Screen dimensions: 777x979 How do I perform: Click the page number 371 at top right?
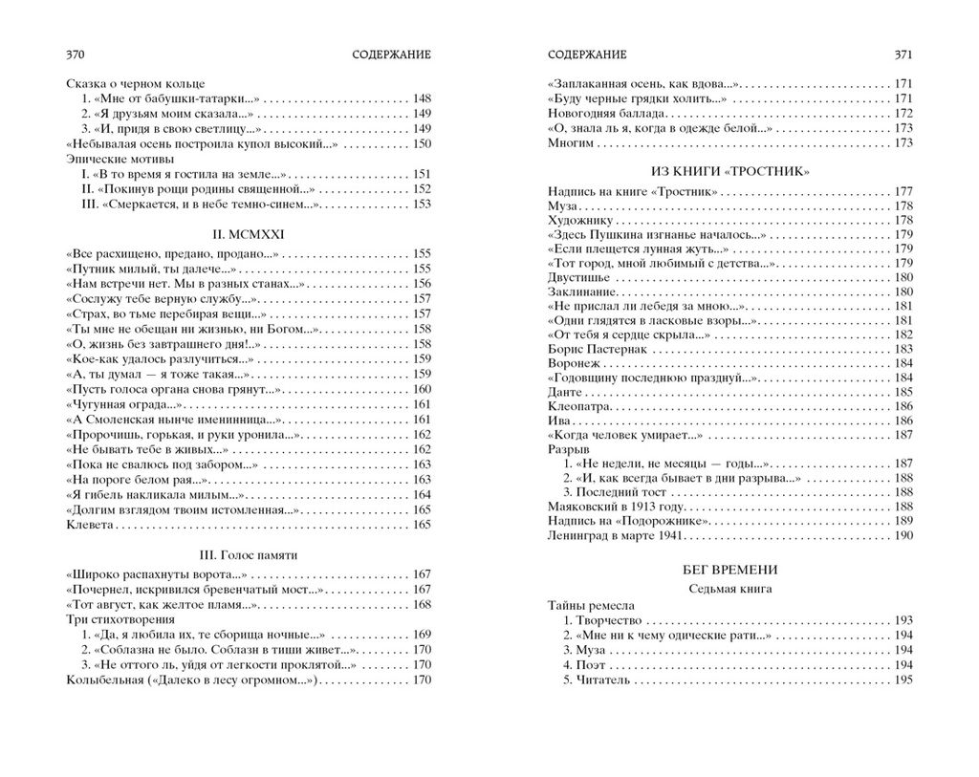pyautogui.click(x=903, y=55)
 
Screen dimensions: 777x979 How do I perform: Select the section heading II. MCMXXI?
pyautogui.click(x=249, y=232)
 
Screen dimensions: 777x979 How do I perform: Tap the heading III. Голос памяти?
pyautogui.click(x=249, y=555)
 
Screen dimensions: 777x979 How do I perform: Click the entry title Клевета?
pyautogui.click(x=93, y=525)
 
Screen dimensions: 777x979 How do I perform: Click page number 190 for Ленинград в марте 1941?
pyautogui.click(x=903, y=535)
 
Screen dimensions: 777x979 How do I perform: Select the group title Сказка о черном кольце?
pyautogui.click(x=136, y=84)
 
